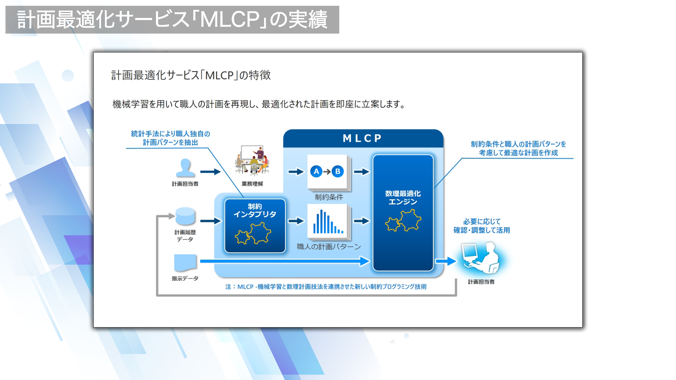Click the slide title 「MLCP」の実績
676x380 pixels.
(172, 19)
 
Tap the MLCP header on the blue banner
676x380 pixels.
(362, 138)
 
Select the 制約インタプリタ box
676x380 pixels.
(255, 226)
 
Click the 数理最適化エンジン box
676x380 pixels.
(403, 213)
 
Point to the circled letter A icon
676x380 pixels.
(316, 172)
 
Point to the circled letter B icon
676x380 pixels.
(338, 172)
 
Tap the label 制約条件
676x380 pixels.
(329, 197)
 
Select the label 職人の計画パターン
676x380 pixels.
(329, 247)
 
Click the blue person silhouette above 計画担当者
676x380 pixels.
(185, 168)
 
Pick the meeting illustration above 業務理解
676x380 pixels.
(252, 160)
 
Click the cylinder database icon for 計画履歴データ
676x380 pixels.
(185, 216)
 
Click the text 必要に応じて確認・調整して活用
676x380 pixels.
(482, 226)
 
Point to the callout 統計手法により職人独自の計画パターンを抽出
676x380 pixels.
(170, 138)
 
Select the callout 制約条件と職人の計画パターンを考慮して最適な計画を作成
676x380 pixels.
(518, 148)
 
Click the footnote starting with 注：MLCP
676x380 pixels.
(326, 287)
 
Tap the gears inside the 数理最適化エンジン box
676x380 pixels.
(403, 221)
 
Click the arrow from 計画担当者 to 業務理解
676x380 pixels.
(210, 172)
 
